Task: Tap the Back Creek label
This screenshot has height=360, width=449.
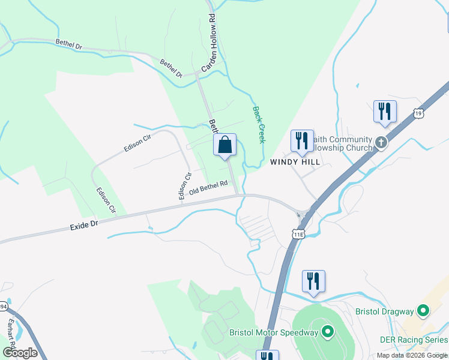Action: (259, 125)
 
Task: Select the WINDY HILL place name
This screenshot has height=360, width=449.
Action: (294, 162)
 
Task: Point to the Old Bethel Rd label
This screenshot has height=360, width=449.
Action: (208, 188)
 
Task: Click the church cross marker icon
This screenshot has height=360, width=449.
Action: (381, 143)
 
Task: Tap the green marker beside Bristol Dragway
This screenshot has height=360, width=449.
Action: (423, 311)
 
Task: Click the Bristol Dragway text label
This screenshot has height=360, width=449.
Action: (385, 311)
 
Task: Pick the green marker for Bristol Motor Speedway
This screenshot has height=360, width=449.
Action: (327, 331)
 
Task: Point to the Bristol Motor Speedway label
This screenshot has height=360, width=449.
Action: (273, 332)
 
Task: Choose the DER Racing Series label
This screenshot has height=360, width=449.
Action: (414, 339)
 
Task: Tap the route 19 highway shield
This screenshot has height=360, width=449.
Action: (418, 112)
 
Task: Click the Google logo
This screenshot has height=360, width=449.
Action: (20, 352)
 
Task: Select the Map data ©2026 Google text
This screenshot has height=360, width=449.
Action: (412, 355)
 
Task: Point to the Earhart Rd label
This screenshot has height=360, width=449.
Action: (10, 328)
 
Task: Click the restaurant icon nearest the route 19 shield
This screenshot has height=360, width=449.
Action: (384, 112)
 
